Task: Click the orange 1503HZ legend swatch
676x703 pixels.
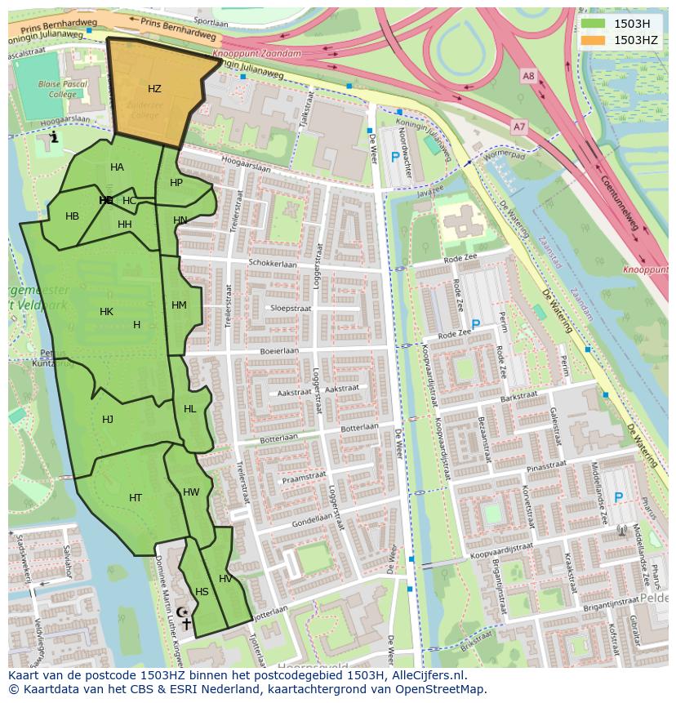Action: click(594, 39)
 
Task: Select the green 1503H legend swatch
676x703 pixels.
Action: click(594, 24)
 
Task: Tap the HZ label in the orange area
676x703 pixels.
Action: click(154, 88)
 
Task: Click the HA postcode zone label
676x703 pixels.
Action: click(117, 167)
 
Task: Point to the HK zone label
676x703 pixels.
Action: click(106, 312)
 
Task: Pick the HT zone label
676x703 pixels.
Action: click(136, 497)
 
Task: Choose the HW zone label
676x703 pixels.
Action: click(191, 492)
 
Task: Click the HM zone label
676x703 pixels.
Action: click(179, 305)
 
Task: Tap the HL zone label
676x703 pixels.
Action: click(189, 409)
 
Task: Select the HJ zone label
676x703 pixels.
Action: click(108, 420)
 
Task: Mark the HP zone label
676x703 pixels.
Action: click(176, 183)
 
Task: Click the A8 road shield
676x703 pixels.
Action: click(529, 76)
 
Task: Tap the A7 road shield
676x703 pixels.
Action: click(519, 126)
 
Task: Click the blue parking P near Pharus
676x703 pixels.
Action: click(618, 497)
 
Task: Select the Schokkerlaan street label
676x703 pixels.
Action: click(273, 265)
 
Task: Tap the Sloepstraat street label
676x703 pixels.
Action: click(291, 308)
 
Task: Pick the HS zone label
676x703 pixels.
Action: click(202, 592)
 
